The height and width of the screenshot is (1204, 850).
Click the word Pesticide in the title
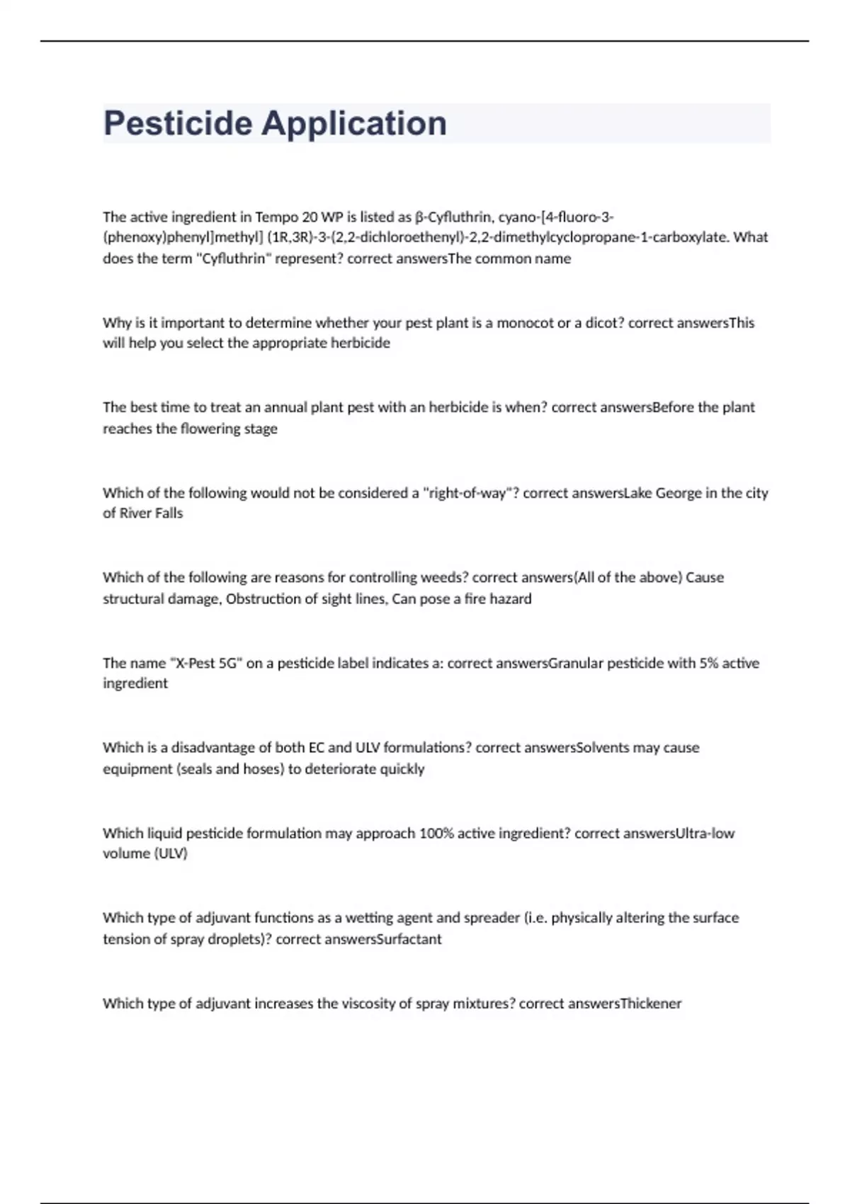point(178,123)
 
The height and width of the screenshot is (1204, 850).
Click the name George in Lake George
point(678,493)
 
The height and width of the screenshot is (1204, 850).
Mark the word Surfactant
point(409,939)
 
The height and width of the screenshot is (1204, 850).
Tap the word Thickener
point(650,1004)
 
